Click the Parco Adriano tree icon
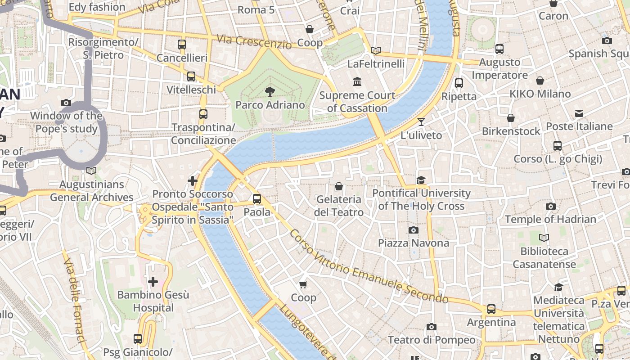(x=270, y=92)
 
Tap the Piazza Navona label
(x=413, y=243)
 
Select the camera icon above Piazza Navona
(x=413, y=230)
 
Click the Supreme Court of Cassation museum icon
(x=357, y=82)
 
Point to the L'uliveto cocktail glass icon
(x=421, y=121)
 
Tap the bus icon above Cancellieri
(x=182, y=45)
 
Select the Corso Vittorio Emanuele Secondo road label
(x=369, y=268)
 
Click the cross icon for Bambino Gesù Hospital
(x=153, y=282)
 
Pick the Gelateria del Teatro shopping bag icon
(x=339, y=186)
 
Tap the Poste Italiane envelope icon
(x=579, y=113)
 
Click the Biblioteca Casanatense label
(x=544, y=258)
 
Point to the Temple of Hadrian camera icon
(x=550, y=207)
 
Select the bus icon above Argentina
(x=491, y=309)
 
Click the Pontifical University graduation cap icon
(x=421, y=180)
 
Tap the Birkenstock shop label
(x=511, y=131)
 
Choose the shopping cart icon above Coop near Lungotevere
(x=303, y=284)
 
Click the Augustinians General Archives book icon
(x=91, y=171)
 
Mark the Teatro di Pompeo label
(x=431, y=340)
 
